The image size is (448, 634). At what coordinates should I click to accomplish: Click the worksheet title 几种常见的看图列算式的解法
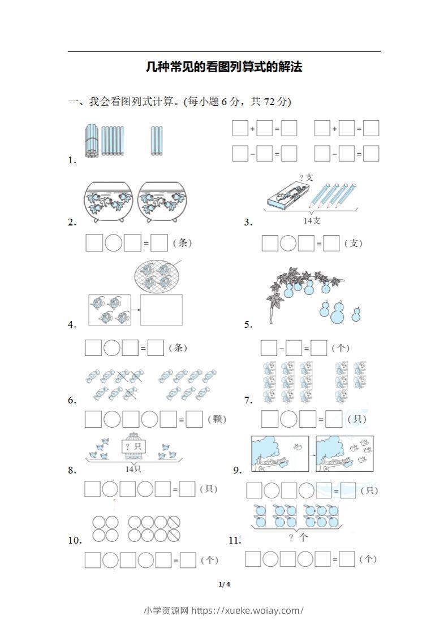coord(224,67)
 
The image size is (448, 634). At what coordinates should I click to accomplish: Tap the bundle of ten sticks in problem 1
coord(92,140)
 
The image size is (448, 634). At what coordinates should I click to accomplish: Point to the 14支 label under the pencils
coord(312,221)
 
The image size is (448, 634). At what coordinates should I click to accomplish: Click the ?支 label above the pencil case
coord(306,177)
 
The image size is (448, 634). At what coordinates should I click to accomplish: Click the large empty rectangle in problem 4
coord(161,310)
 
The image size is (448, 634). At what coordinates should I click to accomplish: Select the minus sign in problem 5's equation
coord(281,349)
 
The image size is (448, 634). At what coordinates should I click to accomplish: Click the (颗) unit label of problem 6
coord(217,419)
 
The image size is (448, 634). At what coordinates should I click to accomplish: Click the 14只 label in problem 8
coord(133,469)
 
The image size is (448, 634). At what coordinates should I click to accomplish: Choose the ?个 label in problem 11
coord(298,537)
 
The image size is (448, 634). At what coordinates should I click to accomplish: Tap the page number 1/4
coord(224,584)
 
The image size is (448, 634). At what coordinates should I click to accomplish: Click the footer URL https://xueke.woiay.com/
coord(248,610)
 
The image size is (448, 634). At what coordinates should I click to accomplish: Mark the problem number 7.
coord(248,400)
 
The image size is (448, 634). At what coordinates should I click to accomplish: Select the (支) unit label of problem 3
coord(353,244)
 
